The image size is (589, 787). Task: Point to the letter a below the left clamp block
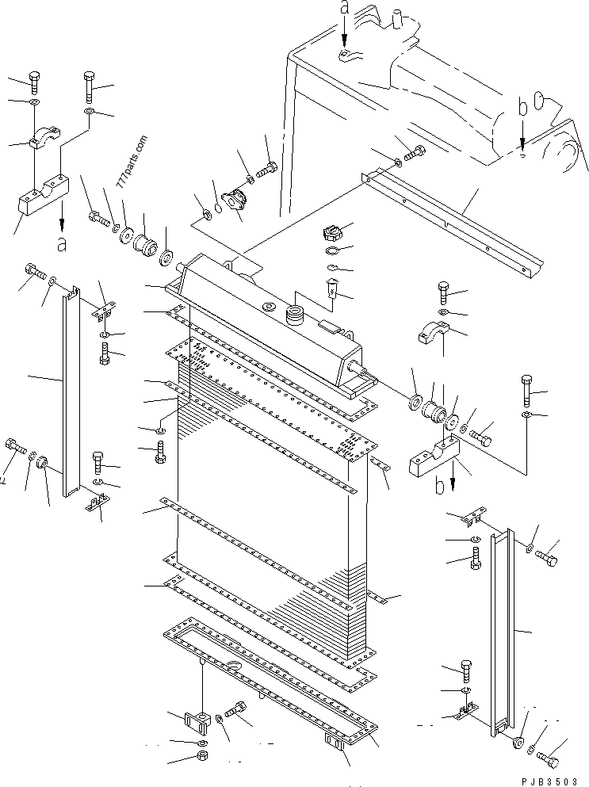(x=62, y=243)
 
